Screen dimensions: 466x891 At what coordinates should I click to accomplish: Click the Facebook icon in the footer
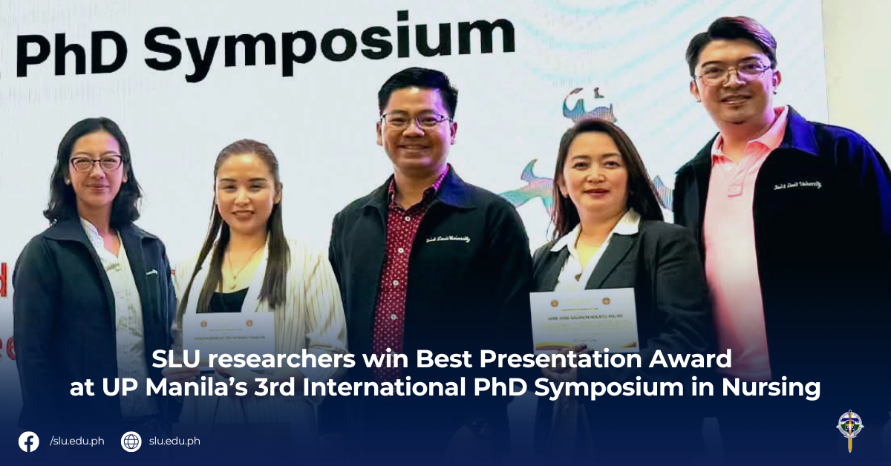click(x=29, y=441)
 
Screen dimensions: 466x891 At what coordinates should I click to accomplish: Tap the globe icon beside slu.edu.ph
click(x=131, y=441)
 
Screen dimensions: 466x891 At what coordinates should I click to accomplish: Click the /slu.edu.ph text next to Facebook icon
click(x=76, y=441)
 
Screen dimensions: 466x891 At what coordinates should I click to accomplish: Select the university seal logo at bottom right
click(x=849, y=429)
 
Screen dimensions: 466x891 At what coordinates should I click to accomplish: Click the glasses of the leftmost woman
click(x=97, y=162)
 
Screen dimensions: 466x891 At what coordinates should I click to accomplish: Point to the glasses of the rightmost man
click(x=734, y=71)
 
